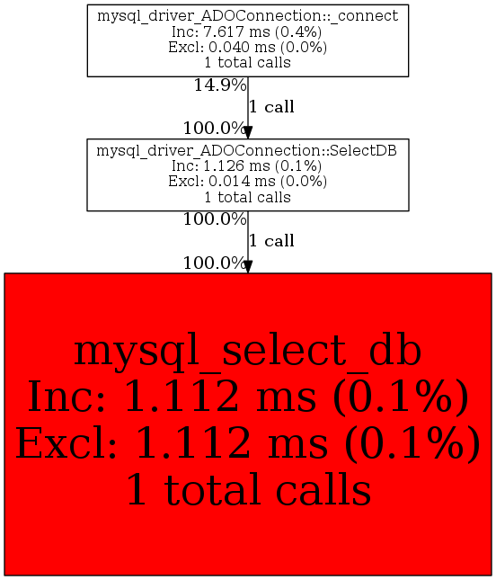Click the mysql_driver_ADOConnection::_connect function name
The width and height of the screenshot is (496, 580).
[x=248, y=17]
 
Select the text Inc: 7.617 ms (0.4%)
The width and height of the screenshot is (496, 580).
[x=247, y=32]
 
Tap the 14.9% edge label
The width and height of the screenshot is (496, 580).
[x=220, y=85]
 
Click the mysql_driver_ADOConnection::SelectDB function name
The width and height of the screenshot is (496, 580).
[x=247, y=151]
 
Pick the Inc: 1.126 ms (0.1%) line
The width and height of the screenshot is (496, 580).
[x=247, y=166]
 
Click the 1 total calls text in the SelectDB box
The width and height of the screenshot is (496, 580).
[x=248, y=197]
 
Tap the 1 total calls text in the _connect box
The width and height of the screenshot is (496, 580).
[x=248, y=63]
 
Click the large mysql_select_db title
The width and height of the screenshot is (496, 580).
[x=248, y=352]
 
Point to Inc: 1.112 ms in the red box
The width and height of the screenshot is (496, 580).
[x=173, y=397]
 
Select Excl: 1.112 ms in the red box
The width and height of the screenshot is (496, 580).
[x=172, y=443]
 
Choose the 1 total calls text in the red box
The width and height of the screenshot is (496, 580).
[x=249, y=489]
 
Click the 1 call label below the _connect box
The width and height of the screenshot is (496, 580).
[x=271, y=107]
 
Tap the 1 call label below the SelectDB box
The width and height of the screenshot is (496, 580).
[x=271, y=241]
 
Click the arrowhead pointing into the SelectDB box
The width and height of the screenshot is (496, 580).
[x=248, y=132]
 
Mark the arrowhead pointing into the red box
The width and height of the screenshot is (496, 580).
[x=248, y=267]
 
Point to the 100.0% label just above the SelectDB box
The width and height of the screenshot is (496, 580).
[x=215, y=129]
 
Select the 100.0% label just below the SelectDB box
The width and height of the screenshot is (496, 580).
[x=215, y=219]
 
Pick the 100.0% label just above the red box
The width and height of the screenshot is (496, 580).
[x=215, y=263]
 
